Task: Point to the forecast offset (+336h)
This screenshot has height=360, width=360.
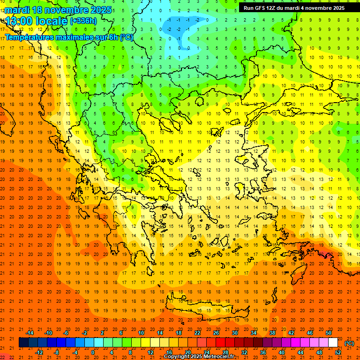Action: tap(83, 21)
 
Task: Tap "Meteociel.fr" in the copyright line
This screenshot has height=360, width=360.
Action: tap(218, 357)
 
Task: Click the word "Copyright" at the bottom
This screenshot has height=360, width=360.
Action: tap(176, 357)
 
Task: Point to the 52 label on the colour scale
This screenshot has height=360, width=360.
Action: tap(338, 352)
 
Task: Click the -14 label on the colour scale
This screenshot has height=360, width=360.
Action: tap(30, 333)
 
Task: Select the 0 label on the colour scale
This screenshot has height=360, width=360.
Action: tap(93, 352)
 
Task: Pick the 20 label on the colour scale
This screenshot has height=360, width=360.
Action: tap(187, 352)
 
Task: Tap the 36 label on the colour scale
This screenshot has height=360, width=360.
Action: tap(263, 352)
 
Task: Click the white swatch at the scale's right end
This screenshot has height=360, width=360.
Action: tap(333, 343)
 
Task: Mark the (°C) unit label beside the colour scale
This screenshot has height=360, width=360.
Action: tap(349, 343)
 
